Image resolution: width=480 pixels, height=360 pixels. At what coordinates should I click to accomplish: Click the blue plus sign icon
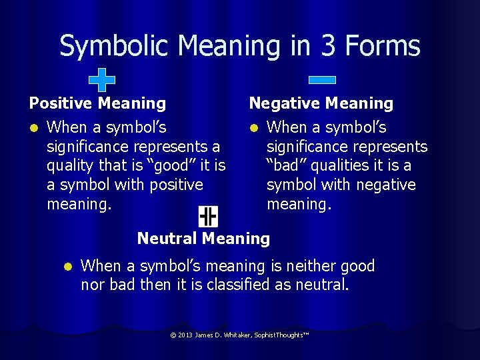(102, 79)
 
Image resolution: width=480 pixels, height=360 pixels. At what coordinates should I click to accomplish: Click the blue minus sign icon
(322, 80)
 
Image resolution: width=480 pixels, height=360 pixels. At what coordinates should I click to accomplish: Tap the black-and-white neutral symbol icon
(208, 216)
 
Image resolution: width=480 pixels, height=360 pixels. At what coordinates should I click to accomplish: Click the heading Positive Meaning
(97, 103)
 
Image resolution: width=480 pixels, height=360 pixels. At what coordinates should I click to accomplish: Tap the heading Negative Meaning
(321, 103)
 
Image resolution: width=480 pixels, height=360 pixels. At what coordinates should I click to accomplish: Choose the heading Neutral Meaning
(203, 238)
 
